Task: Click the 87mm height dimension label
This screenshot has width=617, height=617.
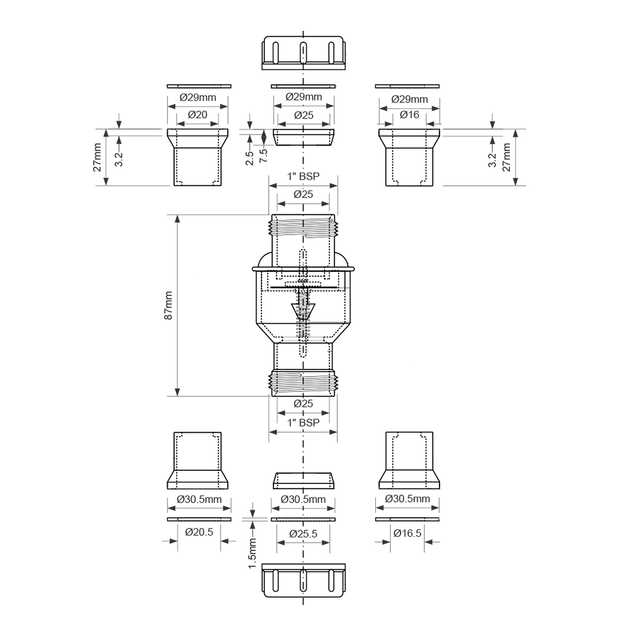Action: coord(168,305)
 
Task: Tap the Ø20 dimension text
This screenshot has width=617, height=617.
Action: coord(198,114)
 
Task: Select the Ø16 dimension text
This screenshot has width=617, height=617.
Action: coord(410,114)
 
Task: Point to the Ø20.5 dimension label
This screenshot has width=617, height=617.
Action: coord(199,532)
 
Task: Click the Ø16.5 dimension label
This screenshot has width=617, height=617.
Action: coord(408,533)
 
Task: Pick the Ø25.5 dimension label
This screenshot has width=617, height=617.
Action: coord(303,534)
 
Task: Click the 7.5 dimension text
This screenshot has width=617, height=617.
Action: coord(264,156)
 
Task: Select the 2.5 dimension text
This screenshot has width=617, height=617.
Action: coord(250,158)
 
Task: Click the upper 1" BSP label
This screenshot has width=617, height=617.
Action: coord(303,176)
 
